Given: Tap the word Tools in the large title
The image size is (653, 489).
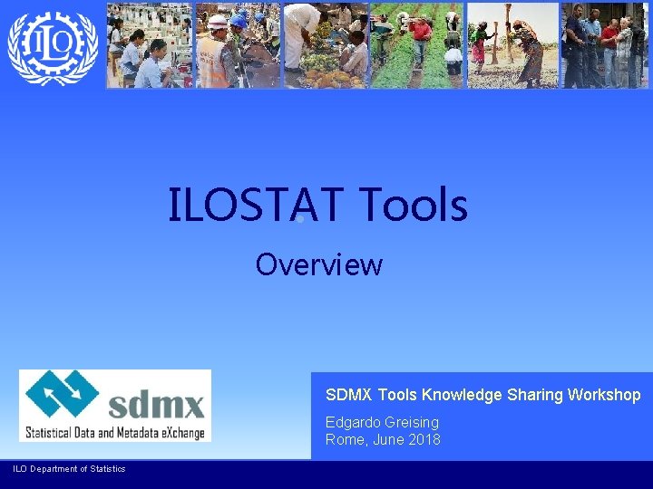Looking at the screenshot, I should [x=414, y=205].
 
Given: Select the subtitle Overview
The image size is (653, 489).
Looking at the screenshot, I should [x=319, y=265].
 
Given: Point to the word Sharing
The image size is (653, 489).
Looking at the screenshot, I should [x=538, y=395].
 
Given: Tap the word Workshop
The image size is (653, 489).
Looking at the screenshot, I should [x=604, y=395].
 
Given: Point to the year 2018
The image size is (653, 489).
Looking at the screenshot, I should [x=424, y=440].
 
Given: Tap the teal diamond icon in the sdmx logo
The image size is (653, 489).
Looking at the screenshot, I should [x=62, y=396].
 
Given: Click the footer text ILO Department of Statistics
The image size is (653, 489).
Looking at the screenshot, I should [x=69, y=468].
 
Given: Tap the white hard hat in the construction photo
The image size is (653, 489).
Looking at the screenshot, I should [x=218, y=21].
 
